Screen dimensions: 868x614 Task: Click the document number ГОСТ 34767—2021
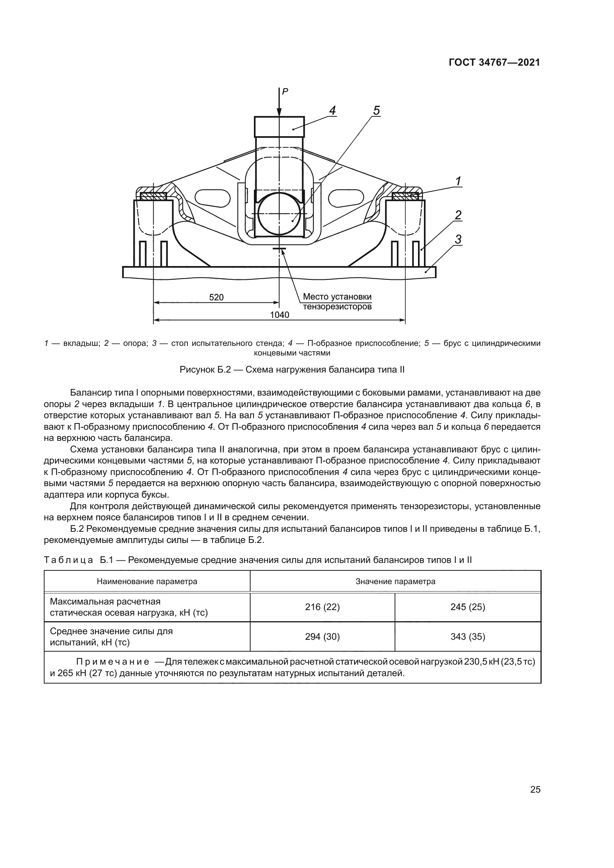(x=494, y=63)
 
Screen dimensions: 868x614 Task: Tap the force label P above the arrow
(x=285, y=91)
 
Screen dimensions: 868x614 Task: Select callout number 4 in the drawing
(x=332, y=110)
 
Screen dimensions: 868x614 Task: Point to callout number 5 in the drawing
(x=376, y=110)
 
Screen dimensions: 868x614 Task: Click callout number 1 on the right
(x=458, y=181)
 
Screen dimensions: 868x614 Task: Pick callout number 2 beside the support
(x=458, y=215)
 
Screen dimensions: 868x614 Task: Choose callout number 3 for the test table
(x=458, y=239)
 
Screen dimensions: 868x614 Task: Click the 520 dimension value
(x=216, y=298)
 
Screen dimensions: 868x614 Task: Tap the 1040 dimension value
(x=280, y=315)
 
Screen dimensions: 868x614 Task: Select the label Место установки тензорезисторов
(x=337, y=302)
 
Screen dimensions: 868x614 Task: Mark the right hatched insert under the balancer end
(x=405, y=196)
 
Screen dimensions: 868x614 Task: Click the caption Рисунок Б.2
(x=292, y=370)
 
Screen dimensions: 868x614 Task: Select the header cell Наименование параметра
(x=147, y=582)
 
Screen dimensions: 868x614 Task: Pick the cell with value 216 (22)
(x=322, y=607)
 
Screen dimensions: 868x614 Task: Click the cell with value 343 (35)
(x=468, y=637)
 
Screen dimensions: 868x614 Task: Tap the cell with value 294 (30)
(x=322, y=637)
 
